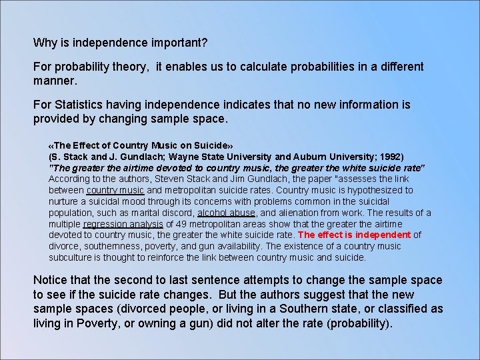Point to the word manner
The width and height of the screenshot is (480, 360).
point(55,81)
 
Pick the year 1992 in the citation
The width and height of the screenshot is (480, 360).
point(390,156)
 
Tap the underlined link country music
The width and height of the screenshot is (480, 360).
point(115,190)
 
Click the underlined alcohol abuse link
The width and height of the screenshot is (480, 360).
point(226,213)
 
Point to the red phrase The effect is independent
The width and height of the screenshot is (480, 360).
point(354,235)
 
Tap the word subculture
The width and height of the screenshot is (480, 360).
point(73,257)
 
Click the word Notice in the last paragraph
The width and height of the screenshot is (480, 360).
point(51,280)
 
